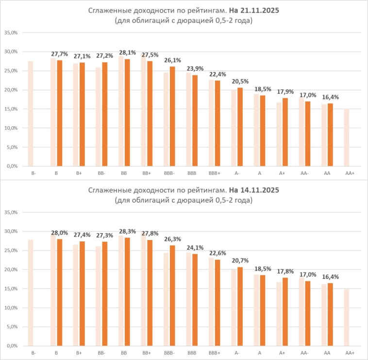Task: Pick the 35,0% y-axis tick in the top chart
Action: (x=11, y=33)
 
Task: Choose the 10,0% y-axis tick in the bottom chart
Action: (x=11, y=308)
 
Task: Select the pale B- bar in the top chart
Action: (x=31, y=114)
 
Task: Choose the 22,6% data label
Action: (x=217, y=253)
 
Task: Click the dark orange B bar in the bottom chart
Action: (x=60, y=292)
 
